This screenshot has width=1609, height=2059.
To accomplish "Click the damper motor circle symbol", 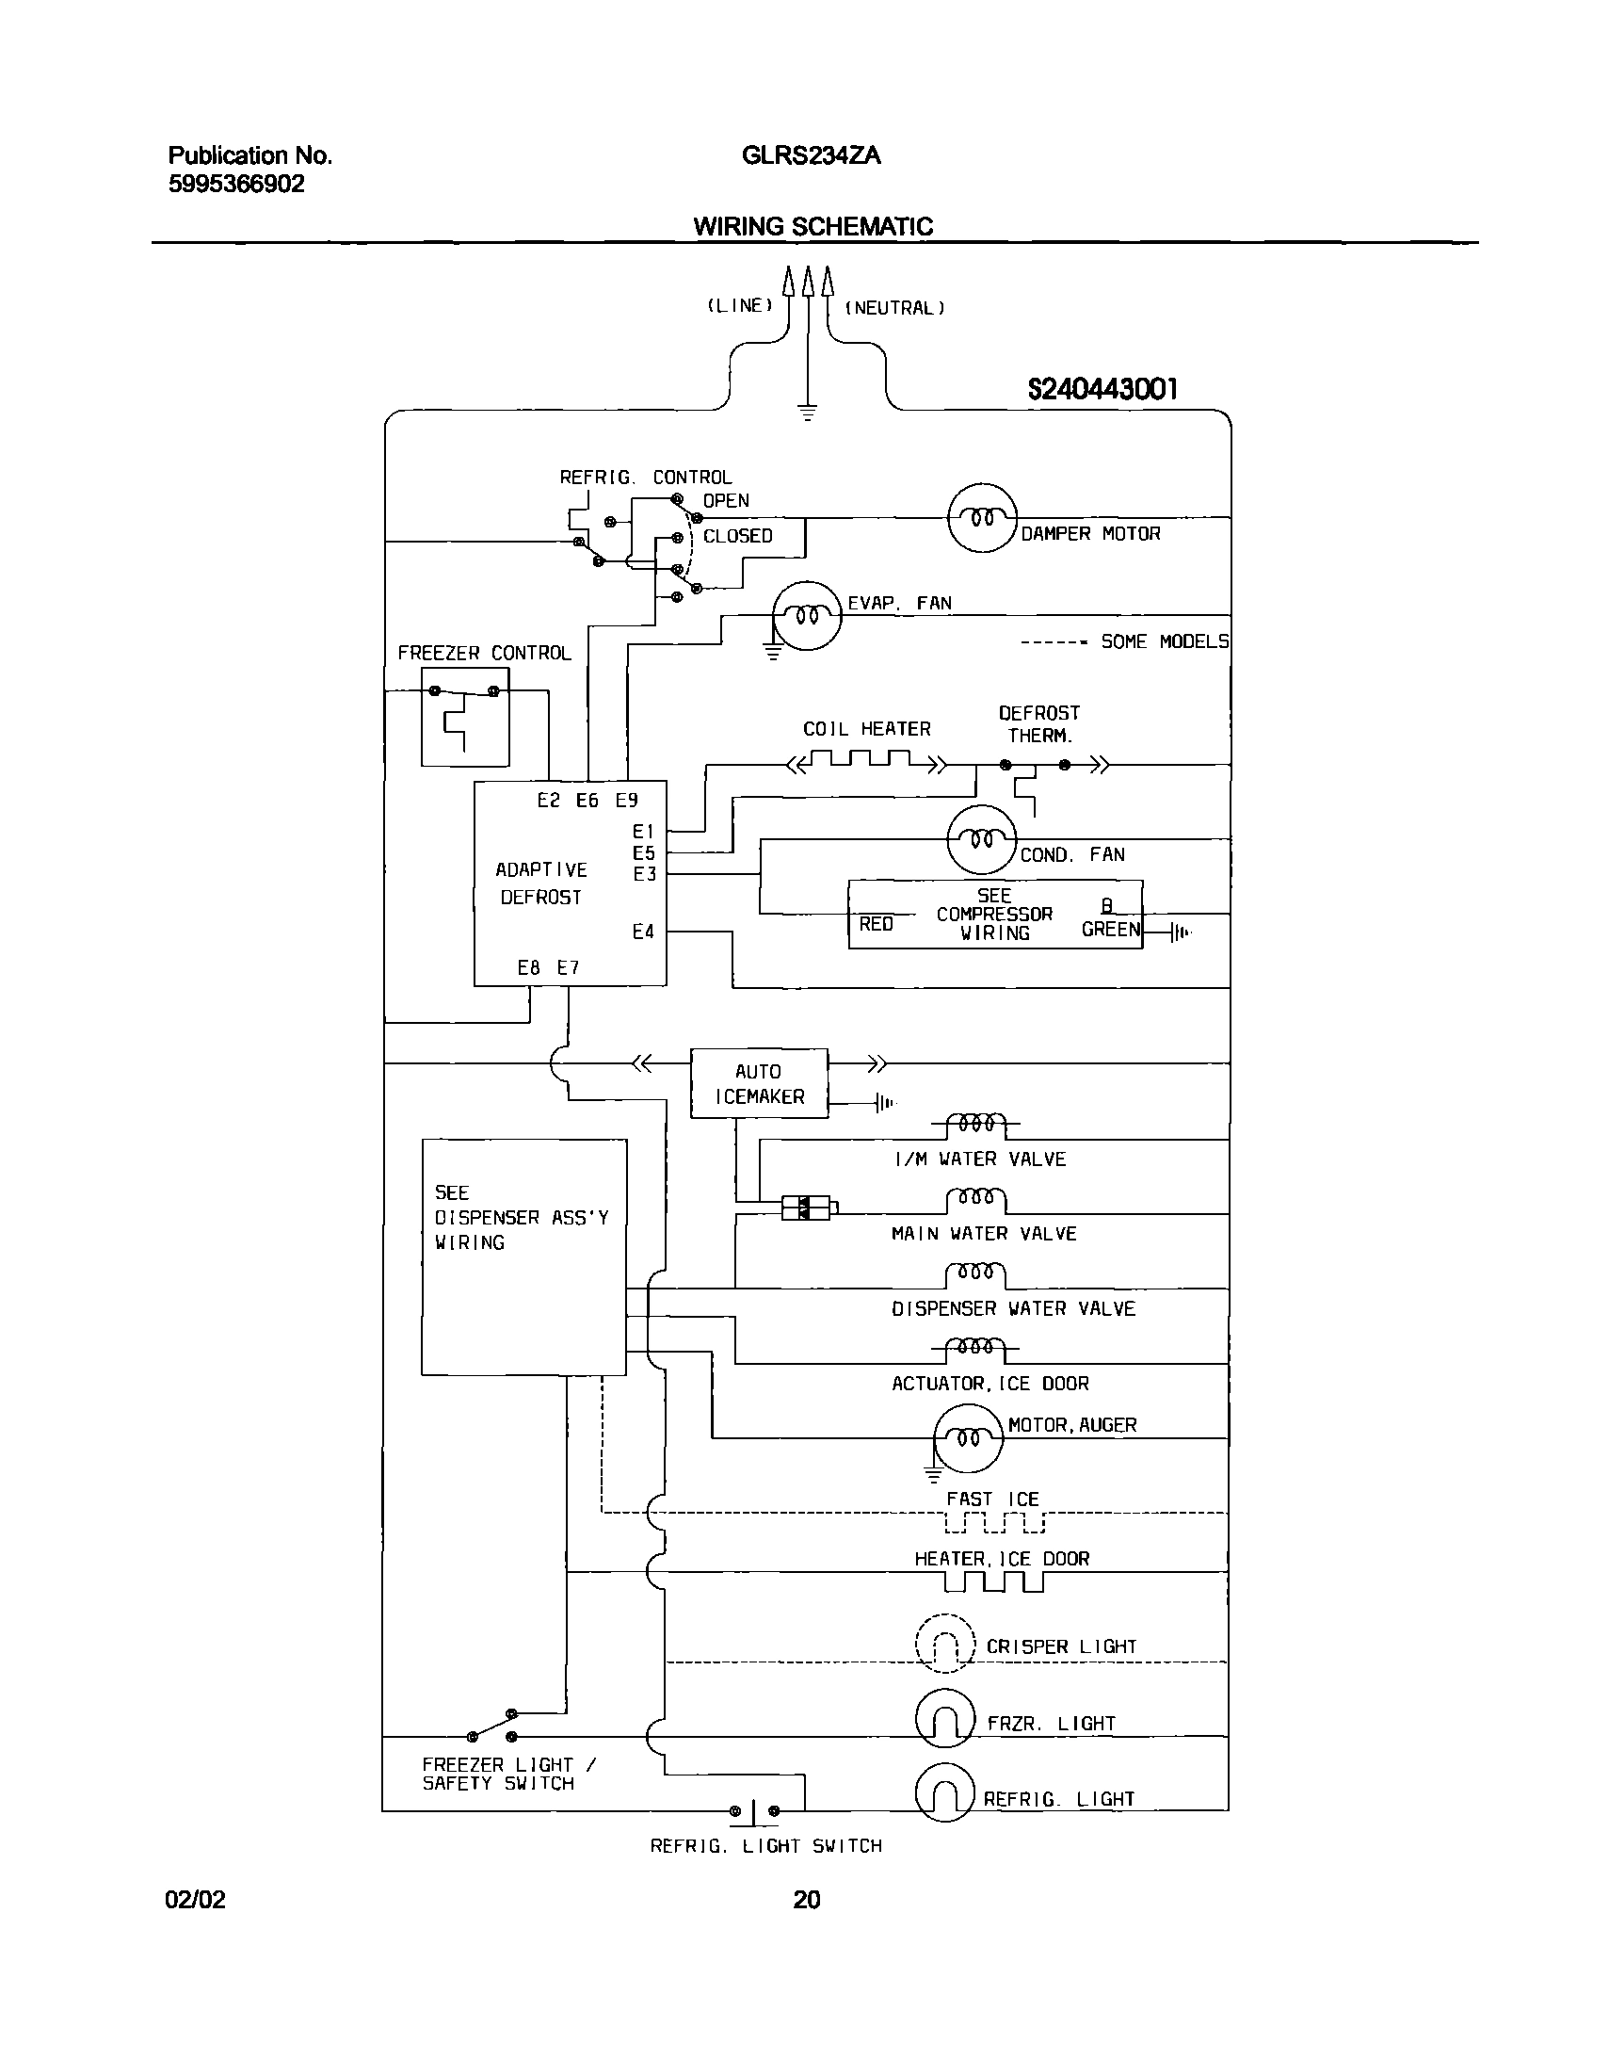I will [x=981, y=518].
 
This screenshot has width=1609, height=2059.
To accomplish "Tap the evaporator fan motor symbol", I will [x=807, y=616].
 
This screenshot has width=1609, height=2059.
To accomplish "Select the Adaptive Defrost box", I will [x=570, y=884].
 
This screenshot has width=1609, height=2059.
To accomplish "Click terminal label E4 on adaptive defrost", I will [x=643, y=932].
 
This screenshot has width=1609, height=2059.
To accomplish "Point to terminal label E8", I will [x=528, y=967].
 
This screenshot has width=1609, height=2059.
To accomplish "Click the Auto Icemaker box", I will [x=759, y=1083].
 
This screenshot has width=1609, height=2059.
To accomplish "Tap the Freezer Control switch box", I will [x=465, y=717].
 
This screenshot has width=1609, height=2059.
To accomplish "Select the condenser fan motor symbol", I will [x=981, y=839].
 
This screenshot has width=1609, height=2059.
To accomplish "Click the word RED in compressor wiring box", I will [x=876, y=924].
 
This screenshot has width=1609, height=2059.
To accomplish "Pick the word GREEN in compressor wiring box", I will [x=1110, y=929].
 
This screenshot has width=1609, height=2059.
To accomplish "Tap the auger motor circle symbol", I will [x=968, y=1437].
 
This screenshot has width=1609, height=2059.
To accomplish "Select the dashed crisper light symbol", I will [x=944, y=1644].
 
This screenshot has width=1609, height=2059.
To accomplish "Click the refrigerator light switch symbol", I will [x=754, y=1811].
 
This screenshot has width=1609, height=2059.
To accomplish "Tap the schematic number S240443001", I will [x=1102, y=388].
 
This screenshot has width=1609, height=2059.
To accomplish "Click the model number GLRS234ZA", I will [x=811, y=155].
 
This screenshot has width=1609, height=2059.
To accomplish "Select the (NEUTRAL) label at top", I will [x=894, y=308].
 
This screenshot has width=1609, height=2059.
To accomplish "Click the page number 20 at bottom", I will [x=806, y=1900].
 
